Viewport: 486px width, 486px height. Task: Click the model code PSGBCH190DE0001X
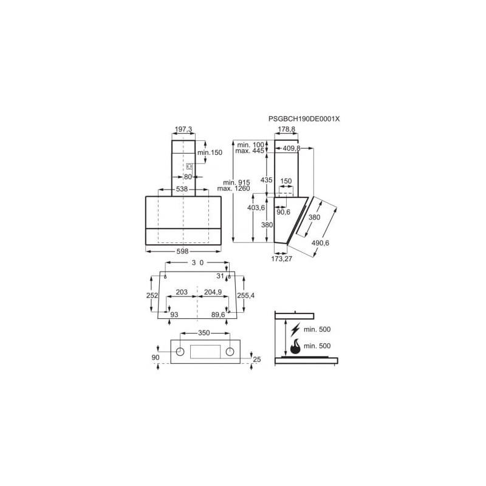click(x=304, y=118)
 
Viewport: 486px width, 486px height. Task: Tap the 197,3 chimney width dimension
click(x=183, y=129)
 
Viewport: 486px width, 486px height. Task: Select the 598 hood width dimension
click(x=183, y=252)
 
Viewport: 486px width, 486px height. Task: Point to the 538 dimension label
click(x=182, y=189)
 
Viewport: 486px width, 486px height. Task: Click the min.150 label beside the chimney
click(x=210, y=152)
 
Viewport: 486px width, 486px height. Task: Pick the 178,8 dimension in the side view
click(x=286, y=129)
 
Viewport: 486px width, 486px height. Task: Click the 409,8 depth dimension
click(x=292, y=148)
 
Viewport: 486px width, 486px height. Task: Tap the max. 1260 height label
click(x=233, y=188)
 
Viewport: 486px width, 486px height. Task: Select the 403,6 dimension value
click(x=256, y=208)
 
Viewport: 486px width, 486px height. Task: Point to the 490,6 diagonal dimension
click(x=320, y=243)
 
